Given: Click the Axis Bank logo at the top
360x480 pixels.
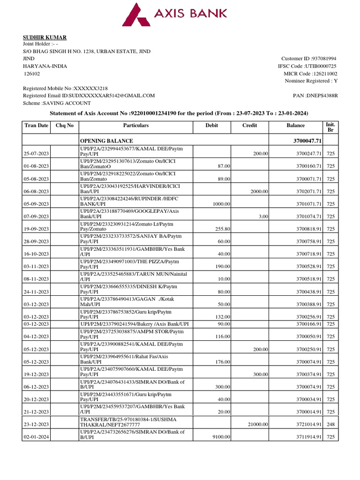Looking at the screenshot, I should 174,14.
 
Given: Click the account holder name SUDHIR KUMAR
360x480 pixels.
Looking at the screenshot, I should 45,37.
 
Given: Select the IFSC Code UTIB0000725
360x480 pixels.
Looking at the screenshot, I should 307,66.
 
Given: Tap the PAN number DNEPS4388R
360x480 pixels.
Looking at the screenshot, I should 315,96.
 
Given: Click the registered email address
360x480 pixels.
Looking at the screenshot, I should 89,96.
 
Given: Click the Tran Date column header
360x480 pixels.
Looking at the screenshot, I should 36,126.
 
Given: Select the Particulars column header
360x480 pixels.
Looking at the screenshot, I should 135,126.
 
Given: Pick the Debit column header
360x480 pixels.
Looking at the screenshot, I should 211,126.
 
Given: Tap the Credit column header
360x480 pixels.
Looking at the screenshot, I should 249,126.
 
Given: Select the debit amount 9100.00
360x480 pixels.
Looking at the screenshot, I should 220,437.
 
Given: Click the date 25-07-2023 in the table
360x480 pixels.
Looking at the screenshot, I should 37,154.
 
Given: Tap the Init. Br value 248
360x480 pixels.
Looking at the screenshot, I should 330,424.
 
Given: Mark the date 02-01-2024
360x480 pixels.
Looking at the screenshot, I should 37,437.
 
